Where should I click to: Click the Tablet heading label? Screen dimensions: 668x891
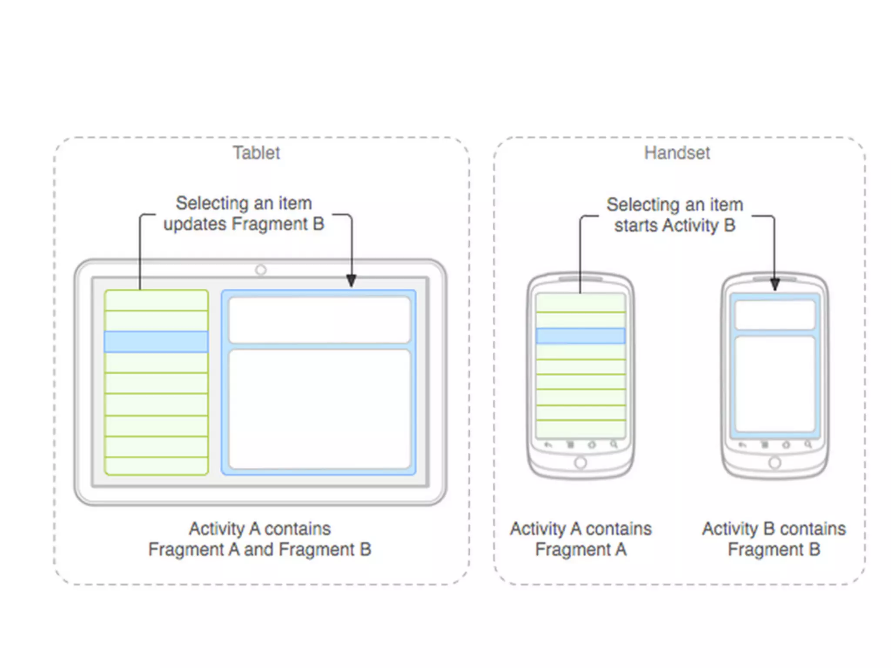256,153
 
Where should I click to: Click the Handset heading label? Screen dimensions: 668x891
677,153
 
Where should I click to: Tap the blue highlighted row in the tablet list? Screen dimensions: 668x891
156,342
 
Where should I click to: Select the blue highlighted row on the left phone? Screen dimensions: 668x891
580,336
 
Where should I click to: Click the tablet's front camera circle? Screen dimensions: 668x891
261,270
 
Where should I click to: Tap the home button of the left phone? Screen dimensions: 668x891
580,463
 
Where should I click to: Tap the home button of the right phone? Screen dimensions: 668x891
774,463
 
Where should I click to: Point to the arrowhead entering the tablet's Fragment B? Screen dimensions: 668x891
351,281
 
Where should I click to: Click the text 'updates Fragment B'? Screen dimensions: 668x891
244,224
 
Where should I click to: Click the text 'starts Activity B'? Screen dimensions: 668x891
675,225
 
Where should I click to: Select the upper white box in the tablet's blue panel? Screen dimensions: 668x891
319,320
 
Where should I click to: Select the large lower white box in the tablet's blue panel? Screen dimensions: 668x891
319,409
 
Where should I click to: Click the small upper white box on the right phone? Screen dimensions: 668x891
774,315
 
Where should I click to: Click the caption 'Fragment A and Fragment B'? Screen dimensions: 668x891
260,549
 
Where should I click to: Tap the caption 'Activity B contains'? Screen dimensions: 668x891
774,529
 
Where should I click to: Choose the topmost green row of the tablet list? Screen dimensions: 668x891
156,300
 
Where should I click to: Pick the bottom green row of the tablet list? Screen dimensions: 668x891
156,466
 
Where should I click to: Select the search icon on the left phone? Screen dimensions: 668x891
613,444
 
